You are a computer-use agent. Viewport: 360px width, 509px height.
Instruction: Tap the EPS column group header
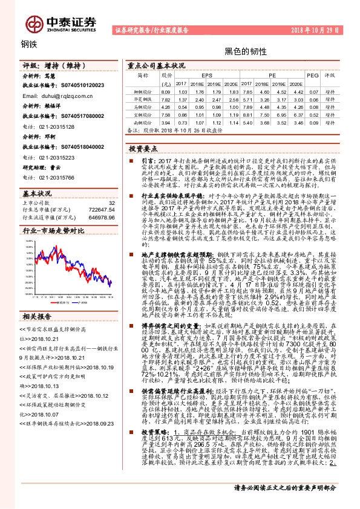tap(207, 76)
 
